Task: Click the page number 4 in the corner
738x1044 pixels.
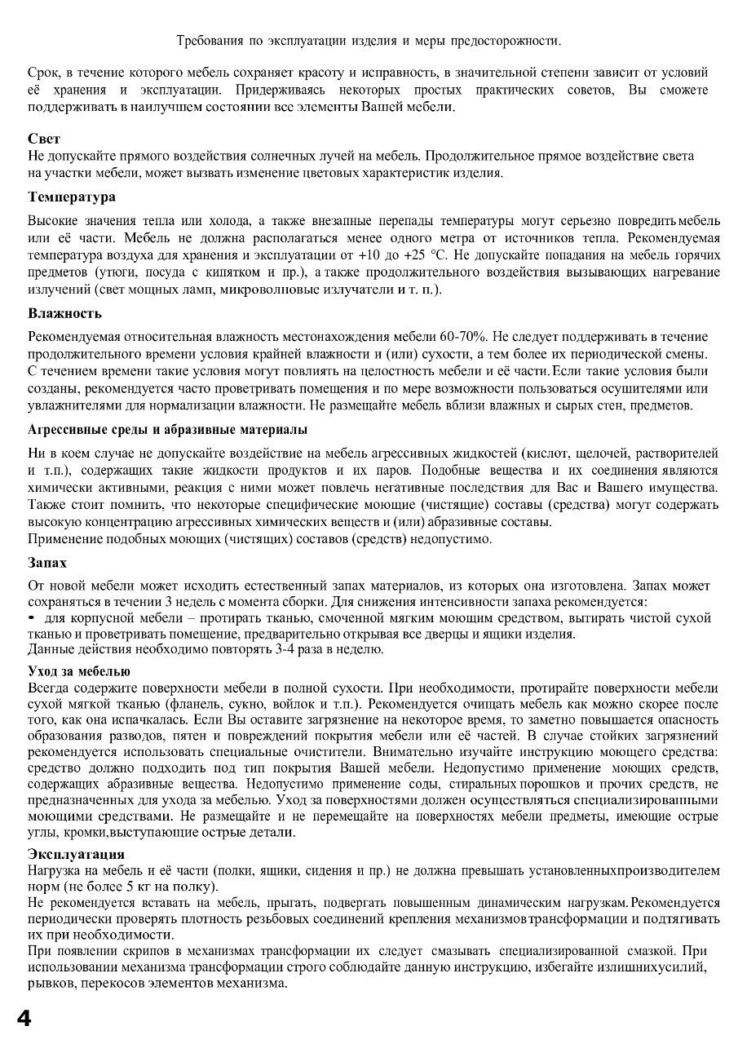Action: [23, 1019]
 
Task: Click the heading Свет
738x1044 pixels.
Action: [44, 139]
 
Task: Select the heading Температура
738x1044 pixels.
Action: [71, 197]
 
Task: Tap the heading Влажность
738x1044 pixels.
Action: [64, 313]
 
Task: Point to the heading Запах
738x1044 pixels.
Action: [47, 563]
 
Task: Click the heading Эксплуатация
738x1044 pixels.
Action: [76, 854]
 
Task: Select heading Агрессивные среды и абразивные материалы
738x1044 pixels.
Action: [167, 429]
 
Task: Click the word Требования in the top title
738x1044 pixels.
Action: [213, 40]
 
